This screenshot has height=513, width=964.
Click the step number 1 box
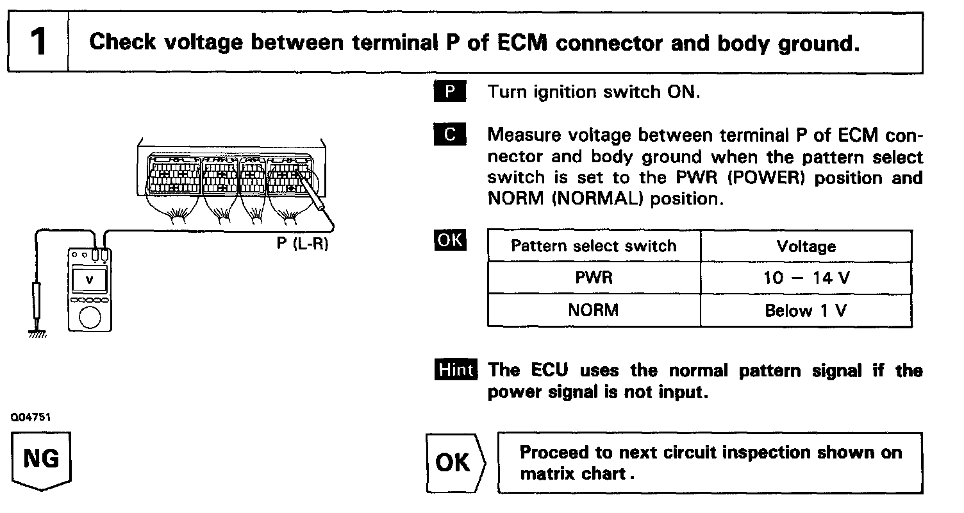tap(38, 43)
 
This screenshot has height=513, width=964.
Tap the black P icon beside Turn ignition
tap(450, 92)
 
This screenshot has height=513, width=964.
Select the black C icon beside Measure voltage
tap(450, 135)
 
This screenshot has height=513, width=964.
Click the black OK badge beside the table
tap(450, 241)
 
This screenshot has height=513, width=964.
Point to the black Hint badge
tap(455, 370)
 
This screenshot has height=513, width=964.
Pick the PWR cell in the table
tap(594, 278)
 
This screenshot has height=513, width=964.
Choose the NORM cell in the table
tap(594, 310)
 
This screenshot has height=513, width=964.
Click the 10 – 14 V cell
tap(806, 278)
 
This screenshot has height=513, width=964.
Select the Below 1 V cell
tap(806, 310)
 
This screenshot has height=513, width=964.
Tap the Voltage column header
tap(806, 246)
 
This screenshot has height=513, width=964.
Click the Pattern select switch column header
tap(594, 246)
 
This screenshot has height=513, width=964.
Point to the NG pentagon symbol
tap(42, 460)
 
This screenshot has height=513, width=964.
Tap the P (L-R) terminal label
tap(302, 244)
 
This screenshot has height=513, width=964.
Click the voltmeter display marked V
tap(89, 280)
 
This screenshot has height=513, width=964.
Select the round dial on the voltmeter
tap(89, 317)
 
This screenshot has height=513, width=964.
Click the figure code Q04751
tap(30, 417)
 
